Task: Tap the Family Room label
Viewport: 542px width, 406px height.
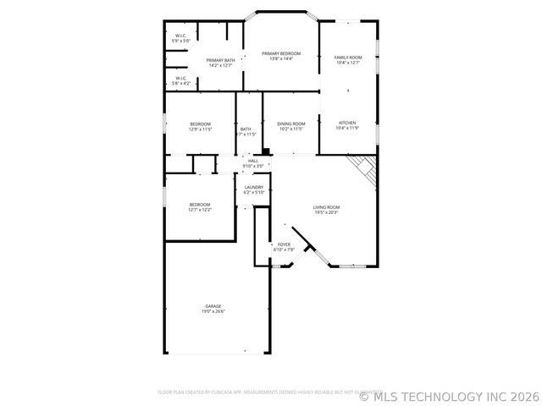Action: point(347,58)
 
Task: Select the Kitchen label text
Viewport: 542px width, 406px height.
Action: point(347,123)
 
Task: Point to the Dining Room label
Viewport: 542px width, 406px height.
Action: point(291,124)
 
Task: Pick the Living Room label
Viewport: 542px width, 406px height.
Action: point(326,207)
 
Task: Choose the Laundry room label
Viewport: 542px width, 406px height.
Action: point(254,188)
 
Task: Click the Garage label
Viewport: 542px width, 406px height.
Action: point(213,306)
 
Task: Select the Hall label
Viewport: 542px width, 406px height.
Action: point(253,161)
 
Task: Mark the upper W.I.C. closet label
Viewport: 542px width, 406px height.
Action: point(181,36)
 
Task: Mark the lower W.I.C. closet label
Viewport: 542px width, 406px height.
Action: point(181,78)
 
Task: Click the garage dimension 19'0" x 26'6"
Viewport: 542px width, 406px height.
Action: point(213,311)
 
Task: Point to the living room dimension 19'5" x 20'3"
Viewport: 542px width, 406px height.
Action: point(326,212)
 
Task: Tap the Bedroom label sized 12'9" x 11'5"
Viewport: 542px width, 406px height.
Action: point(200,124)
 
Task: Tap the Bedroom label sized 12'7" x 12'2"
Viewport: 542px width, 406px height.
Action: point(200,204)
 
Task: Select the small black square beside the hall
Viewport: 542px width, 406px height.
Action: point(267,153)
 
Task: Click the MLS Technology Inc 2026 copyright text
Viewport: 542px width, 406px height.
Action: point(449,395)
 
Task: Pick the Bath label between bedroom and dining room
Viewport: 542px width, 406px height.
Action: point(246,129)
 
